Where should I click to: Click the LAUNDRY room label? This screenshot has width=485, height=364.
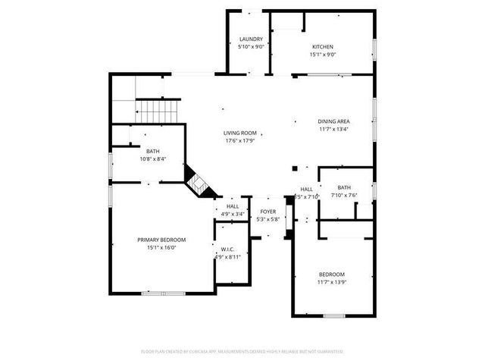pyautogui.click(x=251, y=39)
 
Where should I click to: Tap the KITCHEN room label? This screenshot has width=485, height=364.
pyautogui.click(x=322, y=47)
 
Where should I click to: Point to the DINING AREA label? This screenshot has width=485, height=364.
pyautogui.click(x=333, y=121)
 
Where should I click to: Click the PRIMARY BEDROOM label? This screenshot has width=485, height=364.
pyautogui.click(x=161, y=240)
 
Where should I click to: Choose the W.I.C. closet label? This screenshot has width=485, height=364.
pyautogui.click(x=227, y=249)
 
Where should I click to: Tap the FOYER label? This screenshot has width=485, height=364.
pyautogui.click(x=268, y=212)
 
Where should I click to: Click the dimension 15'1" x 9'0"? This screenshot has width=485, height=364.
pyautogui.click(x=322, y=55)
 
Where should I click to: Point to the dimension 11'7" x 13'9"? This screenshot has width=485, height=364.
pyautogui.click(x=331, y=282)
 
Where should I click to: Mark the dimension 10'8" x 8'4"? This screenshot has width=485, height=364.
pyautogui.click(x=153, y=158)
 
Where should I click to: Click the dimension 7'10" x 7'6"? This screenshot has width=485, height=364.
pyautogui.click(x=344, y=195)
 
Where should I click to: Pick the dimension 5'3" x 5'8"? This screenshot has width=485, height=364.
pyautogui.click(x=268, y=219)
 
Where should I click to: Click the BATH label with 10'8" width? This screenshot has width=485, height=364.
pyautogui.click(x=153, y=151)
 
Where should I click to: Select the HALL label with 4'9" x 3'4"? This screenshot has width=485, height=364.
pyautogui.click(x=233, y=206)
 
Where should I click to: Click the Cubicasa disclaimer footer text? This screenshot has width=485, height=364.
pyautogui.click(x=242, y=351)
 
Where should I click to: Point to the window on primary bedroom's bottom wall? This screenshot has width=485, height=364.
pyautogui.click(x=162, y=293)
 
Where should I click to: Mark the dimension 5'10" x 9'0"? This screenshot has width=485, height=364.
pyautogui.click(x=251, y=47)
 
